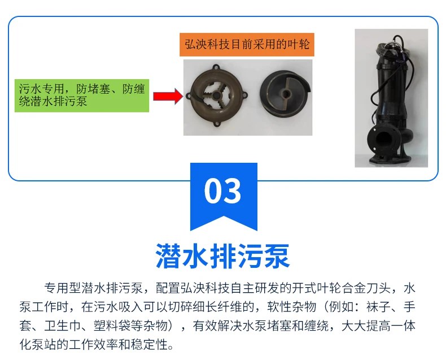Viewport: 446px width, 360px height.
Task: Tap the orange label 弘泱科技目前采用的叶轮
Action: coord(247,45)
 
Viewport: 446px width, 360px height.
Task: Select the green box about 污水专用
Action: coord(81,96)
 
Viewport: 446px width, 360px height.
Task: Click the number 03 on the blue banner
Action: coord(223,191)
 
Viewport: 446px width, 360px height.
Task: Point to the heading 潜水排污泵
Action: coord(223,257)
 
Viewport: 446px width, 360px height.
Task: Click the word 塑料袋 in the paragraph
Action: coord(122,326)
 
